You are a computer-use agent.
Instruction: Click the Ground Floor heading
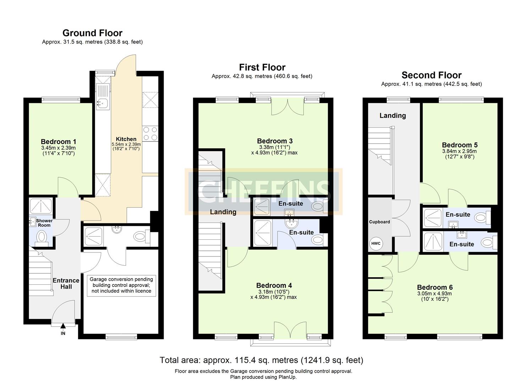(92, 33)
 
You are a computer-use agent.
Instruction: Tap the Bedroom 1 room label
(58, 141)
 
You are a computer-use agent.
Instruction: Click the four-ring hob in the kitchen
(150, 134)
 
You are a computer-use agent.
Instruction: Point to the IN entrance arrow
(63, 327)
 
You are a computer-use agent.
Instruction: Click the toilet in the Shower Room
(42, 236)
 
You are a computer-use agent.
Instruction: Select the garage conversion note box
(121, 285)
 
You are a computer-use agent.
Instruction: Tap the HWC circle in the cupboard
(375, 244)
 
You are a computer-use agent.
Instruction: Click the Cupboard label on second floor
(379, 222)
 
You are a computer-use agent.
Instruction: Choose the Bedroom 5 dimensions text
(460, 154)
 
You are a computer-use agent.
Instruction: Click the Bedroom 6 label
(435, 287)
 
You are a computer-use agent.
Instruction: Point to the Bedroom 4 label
(274, 285)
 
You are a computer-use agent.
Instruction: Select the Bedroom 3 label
(275, 141)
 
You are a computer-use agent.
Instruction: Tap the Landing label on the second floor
(392, 116)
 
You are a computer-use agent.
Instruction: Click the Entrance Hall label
(66, 283)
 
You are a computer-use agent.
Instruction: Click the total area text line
(262, 360)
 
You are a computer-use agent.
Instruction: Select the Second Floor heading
(431, 75)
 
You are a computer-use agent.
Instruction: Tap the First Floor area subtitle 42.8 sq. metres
(262, 76)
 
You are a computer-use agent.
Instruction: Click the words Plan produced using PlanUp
(263, 377)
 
